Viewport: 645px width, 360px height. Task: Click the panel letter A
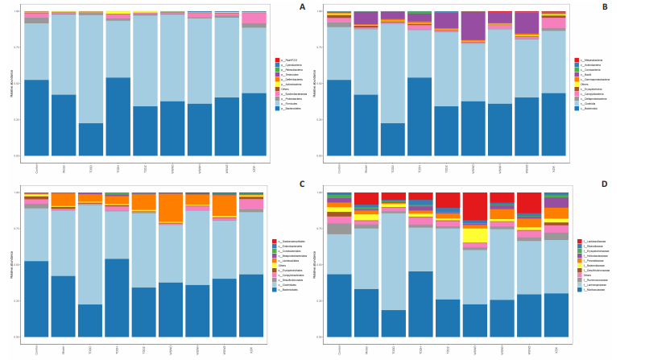[302, 7]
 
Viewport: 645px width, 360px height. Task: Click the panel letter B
[604, 7]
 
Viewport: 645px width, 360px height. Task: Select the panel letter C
[302, 184]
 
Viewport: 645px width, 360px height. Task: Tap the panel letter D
[604, 184]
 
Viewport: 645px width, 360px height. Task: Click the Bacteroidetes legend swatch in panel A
[276, 107]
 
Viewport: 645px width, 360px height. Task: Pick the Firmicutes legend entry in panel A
[291, 102]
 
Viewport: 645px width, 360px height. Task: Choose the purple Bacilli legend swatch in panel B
[577, 74]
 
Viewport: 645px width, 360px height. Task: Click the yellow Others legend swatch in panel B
[577, 84]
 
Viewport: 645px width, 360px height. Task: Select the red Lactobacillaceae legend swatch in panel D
[577, 242]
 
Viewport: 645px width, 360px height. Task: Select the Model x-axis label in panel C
[64, 347]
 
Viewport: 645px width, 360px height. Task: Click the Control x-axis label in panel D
[339, 347]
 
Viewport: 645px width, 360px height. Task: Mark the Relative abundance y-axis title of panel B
[314, 83]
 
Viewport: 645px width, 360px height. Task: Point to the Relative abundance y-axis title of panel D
[314, 264]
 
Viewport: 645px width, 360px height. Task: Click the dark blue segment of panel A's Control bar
[37, 118]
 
